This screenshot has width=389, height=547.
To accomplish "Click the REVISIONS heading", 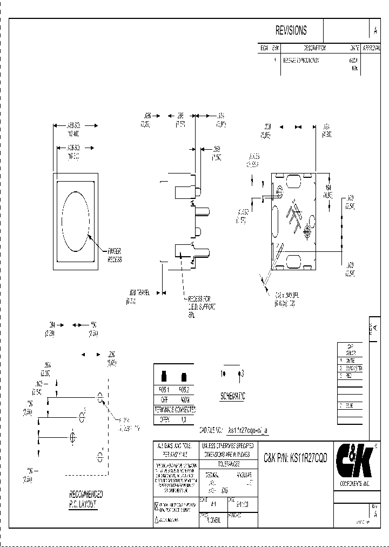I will click(291, 30).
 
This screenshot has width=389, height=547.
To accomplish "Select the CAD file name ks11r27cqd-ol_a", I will click(248, 430).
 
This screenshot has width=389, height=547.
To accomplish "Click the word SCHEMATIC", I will click(232, 396).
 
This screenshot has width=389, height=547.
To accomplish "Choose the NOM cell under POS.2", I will click(185, 400).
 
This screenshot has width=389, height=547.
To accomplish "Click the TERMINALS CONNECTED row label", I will click(175, 410).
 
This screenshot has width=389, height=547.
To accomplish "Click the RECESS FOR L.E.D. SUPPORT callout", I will click(202, 306).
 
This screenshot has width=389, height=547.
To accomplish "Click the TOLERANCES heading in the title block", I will click(230, 464).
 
